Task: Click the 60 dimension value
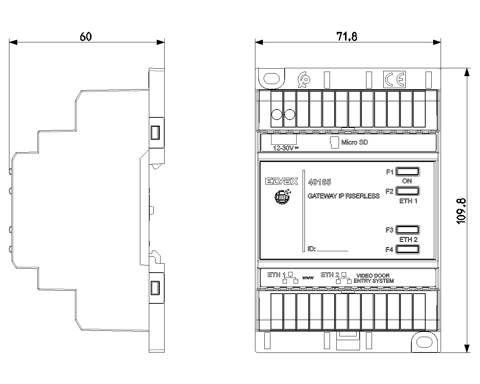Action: click(85, 36)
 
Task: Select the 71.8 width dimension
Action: click(346, 36)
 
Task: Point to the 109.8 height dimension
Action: click(461, 211)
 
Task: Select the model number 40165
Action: click(319, 183)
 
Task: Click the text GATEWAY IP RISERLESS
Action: click(343, 196)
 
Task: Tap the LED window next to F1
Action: click(407, 172)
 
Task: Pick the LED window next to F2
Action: click(407, 191)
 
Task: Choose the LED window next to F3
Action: click(407, 230)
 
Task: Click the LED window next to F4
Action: click(407, 249)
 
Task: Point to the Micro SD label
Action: click(354, 142)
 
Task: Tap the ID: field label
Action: click(312, 249)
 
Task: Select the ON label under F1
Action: click(407, 181)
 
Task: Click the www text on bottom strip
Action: click(307, 278)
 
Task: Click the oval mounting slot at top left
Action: click(271, 79)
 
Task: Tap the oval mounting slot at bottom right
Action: click(424, 342)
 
